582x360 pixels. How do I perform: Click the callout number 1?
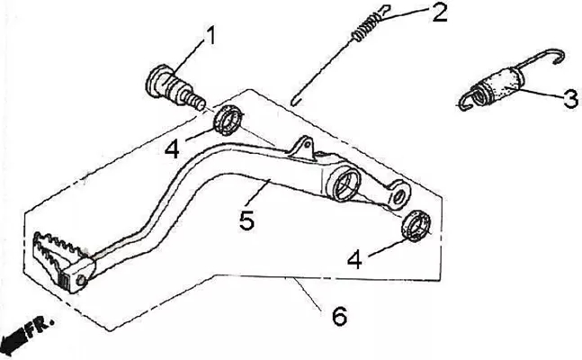pos(210,36)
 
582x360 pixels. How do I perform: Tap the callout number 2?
pos(440,13)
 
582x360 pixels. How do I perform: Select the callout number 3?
pos(571,99)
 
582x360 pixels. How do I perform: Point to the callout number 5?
pos(246,220)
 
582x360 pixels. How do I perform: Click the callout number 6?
pos(340,316)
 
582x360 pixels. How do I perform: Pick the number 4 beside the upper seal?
pos(172,149)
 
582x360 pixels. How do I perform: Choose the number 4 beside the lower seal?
pos(354,259)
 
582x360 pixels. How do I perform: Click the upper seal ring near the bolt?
pos(228,121)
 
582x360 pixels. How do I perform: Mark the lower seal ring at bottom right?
pos(416,226)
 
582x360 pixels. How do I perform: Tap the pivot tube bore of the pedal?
pos(344,183)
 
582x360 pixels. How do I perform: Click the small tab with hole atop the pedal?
pos(302,148)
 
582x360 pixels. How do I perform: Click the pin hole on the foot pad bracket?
pos(81,281)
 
